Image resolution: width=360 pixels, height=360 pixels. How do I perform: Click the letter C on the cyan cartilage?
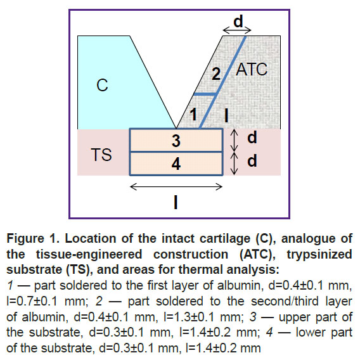click(102, 85)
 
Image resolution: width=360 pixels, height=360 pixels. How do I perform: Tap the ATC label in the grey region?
click(252, 69)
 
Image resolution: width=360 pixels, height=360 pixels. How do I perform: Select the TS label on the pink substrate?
click(101, 155)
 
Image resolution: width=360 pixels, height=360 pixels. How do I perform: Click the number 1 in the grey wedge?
click(193, 114)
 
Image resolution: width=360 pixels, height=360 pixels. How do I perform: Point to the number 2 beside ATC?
click(216, 74)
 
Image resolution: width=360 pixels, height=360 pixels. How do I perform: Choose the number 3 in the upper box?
click(176, 141)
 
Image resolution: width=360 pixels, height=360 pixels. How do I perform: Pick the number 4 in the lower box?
click(176, 164)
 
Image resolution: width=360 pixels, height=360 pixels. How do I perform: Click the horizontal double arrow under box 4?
click(176, 187)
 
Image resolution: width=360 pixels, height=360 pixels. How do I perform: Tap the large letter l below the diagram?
click(176, 203)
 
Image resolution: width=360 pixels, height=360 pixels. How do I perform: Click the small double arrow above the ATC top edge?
click(237, 30)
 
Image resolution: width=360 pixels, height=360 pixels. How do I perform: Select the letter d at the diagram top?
click(238, 21)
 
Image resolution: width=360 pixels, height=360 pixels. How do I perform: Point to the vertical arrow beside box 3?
click(234, 140)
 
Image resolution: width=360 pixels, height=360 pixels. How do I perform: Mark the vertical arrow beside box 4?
click(234, 164)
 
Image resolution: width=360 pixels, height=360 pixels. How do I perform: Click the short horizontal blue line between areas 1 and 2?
click(205, 94)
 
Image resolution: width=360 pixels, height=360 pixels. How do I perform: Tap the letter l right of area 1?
click(226, 115)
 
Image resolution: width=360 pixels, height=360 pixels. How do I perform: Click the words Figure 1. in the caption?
click(33, 238)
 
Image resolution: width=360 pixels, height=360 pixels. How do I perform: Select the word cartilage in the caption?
click(225, 239)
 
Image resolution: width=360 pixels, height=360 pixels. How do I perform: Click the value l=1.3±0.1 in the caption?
click(189, 317)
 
